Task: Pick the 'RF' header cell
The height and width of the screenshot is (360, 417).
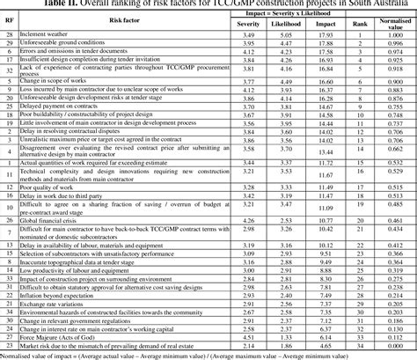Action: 9,19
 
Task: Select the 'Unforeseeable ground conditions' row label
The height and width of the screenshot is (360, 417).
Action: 65,43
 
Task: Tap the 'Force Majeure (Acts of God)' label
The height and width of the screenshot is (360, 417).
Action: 57,334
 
